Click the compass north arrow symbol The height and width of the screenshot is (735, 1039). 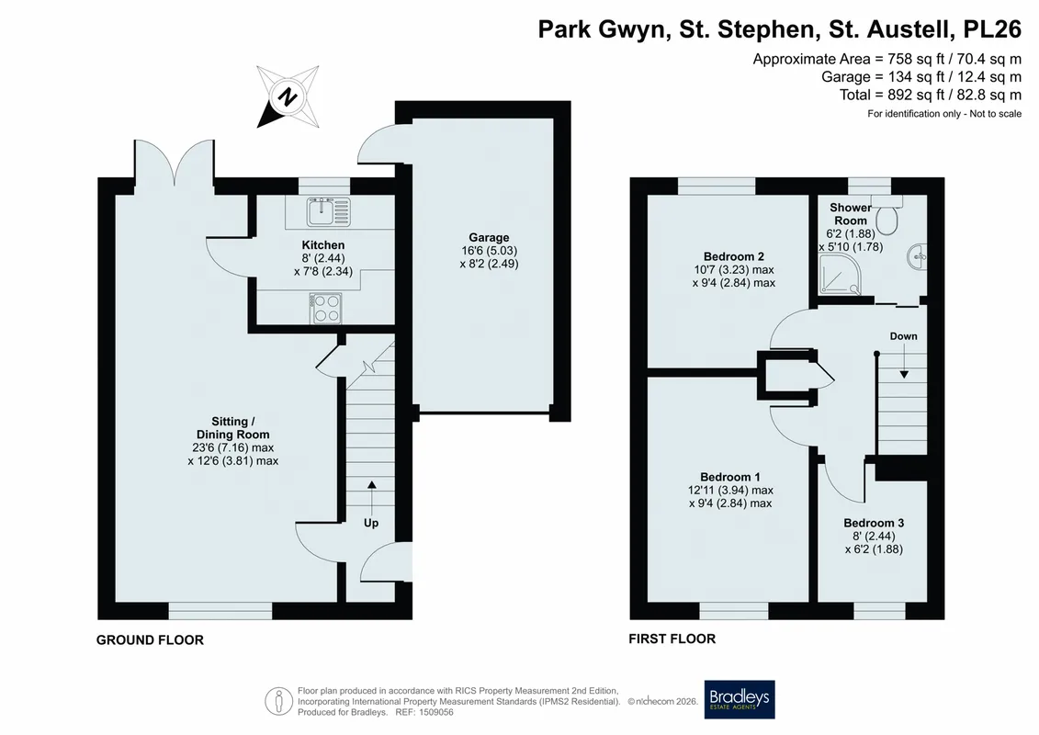[x=288, y=96]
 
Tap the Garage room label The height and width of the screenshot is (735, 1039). [x=489, y=237]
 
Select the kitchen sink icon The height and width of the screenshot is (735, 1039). [x=328, y=212]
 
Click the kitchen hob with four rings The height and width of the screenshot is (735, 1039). [x=325, y=308]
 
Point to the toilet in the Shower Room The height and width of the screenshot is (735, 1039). [x=887, y=214]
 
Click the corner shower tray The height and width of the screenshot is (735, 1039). [x=841, y=276]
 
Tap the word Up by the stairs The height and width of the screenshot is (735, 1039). [x=371, y=523]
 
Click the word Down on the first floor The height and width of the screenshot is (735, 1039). [x=903, y=336]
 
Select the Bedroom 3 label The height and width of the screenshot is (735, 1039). [x=874, y=523]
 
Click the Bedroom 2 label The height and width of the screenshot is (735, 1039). [x=733, y=256]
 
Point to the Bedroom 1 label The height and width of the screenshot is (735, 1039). [x=730, y=477]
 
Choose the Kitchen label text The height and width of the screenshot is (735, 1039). [x=323, y=245]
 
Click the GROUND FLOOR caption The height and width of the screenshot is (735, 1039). [x=150, y=639]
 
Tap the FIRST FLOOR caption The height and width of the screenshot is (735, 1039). [x=672, y=639]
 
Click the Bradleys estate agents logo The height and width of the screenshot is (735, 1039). [x=739, y=699]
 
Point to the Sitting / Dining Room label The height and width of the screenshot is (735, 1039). [x=232, y=428]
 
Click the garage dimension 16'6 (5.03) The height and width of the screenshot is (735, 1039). [x=489, y=251]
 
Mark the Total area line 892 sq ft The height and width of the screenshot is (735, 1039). [x=931, y=95]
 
